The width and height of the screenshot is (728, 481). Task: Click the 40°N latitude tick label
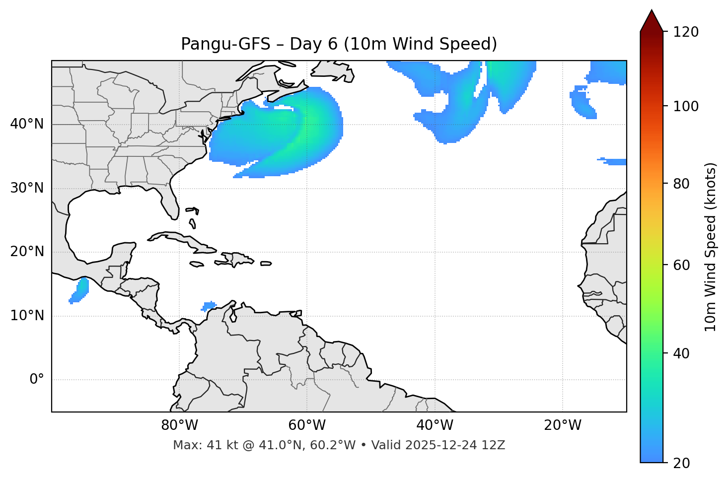click(27, 124)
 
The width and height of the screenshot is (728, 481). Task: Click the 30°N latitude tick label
click(27, 188)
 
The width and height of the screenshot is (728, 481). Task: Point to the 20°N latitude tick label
click(27, 252)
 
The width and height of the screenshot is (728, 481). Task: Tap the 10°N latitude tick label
click(27, 316)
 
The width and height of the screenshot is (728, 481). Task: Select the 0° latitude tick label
click(37, 380)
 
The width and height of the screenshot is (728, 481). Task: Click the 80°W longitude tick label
click(179, 425)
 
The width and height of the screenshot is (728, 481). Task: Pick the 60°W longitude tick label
click(307, 425)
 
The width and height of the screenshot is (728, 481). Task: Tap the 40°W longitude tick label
click(435, 425)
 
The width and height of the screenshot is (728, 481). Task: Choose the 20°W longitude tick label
click(562, 425)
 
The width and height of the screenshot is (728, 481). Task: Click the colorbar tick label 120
click(686, 32)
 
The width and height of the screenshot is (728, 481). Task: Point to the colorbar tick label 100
click(686, 106)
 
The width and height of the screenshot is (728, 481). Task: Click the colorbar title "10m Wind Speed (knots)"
click(711, 247)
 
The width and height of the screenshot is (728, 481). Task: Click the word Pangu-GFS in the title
click(225, 44)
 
